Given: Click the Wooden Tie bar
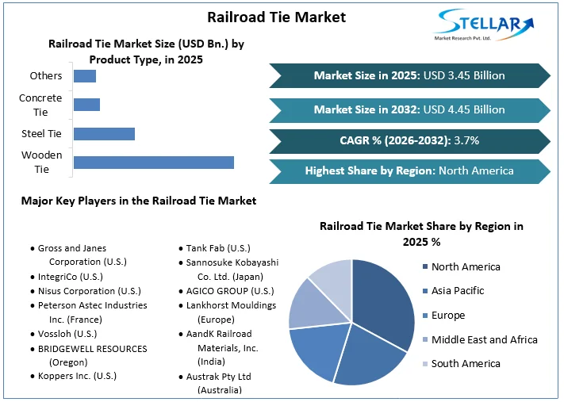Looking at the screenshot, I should (x=153, y=163).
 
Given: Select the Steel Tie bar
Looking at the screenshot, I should (x=104, y=133).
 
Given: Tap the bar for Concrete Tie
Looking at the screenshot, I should (x=86, y=105).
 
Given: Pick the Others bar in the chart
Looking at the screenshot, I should (x=84, y=76).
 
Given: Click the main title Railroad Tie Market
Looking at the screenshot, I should (x=276, y=17).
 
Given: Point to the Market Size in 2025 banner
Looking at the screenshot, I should (x=409, y=75).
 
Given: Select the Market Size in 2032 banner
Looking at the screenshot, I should (x=409, y=109).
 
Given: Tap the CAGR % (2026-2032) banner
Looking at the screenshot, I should (x=409, y=141).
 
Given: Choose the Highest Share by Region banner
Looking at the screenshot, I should (x=409, y=170).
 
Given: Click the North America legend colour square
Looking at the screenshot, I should (x=424, y=267).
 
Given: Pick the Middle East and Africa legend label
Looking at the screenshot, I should (x=484, y=339).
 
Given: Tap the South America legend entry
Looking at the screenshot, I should (x=466, y=363).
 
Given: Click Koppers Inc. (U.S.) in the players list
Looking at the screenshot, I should (x=77, y=375).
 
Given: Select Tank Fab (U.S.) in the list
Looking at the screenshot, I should (x=218, y=248).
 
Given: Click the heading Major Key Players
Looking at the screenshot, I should (x=139, y=201).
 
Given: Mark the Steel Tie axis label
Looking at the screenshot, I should (x=41, y=133).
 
